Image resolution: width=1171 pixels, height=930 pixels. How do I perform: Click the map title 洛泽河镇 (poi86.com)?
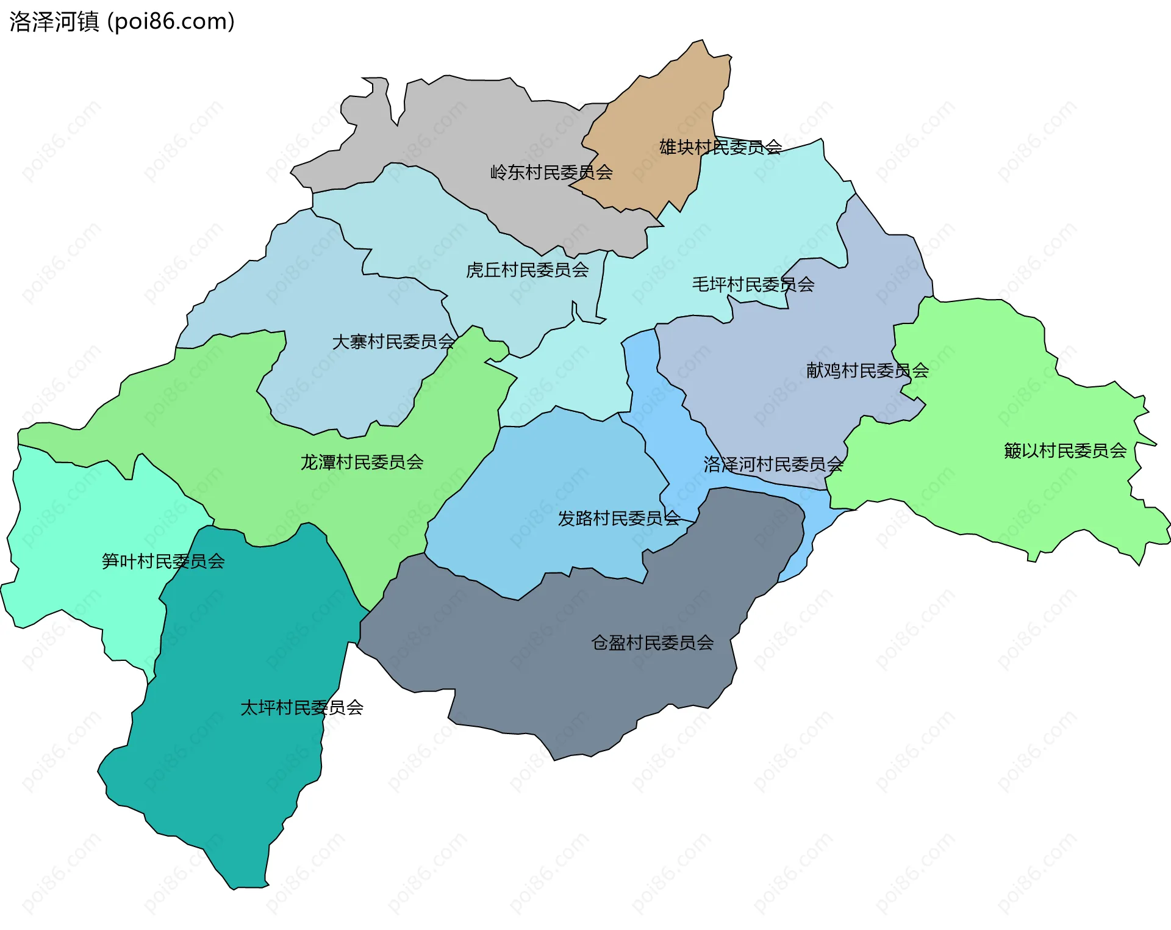[x=122, y=22]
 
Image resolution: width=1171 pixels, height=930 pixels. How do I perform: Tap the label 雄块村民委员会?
[x=720, y=147]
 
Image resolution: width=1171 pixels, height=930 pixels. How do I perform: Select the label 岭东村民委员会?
[x=551, y=173]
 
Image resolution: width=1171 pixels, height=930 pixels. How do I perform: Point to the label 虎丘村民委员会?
[x=527, y=270]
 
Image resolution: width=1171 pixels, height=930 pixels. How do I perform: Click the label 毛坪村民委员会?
[x=753, y=284]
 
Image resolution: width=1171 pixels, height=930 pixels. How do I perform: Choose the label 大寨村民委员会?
[x=393, y=342]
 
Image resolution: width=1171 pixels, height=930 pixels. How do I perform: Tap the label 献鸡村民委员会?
[x=867, y=370]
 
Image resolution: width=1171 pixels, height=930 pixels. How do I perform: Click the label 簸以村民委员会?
[x=1065, y=451]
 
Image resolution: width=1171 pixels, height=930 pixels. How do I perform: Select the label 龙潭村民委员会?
[x=362, y=463]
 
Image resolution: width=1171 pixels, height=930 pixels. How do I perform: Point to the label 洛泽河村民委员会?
[x=773, y=465]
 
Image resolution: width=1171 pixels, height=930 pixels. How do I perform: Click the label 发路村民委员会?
[x=619, y=519]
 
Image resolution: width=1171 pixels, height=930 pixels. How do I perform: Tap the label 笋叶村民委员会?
[x=163, y=561]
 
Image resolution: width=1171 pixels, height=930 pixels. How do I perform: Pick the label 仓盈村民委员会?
[x=652, y=643]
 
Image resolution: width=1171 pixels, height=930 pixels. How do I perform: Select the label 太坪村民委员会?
[x=302, y=708]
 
